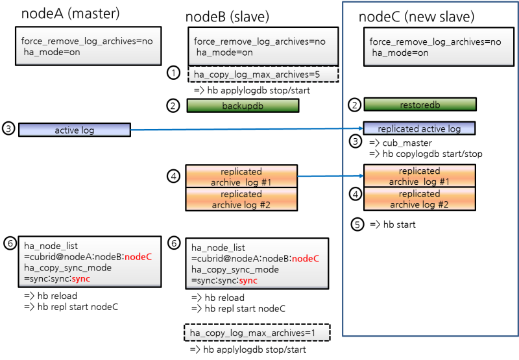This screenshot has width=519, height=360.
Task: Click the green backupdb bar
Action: pos(243,106)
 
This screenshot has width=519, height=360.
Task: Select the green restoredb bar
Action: pos(420,104)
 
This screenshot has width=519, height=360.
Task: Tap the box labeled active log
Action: pos(75,130)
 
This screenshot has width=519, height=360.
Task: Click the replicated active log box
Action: pos(419,128)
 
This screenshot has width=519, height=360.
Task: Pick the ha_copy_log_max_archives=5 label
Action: pos(263,75)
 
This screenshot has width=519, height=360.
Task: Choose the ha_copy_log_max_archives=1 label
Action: pos(257,333)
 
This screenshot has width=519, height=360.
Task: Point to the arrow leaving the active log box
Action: pos(247,130)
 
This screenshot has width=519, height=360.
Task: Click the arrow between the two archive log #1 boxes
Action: pos(330,176)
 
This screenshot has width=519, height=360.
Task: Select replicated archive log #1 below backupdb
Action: pos(241,177)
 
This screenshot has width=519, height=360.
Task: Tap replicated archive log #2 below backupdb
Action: pos(241,199)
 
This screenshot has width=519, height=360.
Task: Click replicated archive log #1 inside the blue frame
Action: pos(419,176)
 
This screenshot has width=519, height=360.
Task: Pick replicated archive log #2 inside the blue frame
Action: pos(419,198)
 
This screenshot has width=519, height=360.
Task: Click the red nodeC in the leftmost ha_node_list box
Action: pos(138,256)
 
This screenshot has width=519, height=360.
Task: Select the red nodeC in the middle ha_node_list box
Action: pos(306,259)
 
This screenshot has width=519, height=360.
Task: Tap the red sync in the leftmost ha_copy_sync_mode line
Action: pos(81,278)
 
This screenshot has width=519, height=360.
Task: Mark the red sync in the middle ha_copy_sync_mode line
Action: pos(248,280)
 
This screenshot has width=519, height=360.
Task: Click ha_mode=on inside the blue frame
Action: pos(400,53)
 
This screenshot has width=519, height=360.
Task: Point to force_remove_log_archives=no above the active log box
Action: pos(87,41)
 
